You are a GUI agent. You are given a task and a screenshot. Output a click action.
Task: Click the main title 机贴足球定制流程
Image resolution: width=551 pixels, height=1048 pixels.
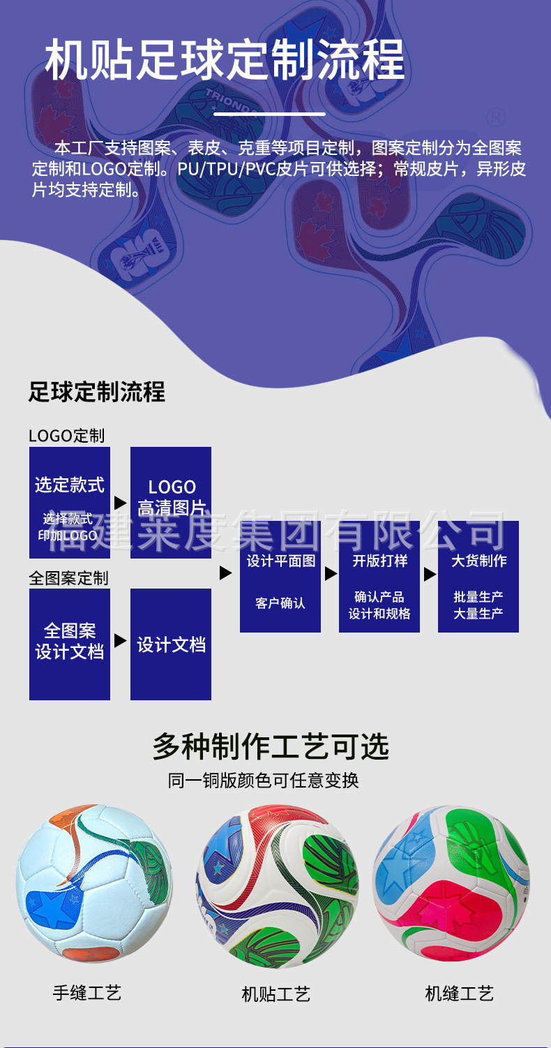225,60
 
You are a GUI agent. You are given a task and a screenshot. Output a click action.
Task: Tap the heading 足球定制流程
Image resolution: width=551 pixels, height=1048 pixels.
97,392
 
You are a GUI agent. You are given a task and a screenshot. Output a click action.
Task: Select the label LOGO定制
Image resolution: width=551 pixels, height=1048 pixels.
66,436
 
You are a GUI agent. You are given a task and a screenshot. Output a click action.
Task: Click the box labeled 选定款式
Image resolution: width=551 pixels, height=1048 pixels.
70,502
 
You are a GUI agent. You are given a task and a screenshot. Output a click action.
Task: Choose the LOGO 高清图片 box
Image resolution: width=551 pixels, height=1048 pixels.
171,502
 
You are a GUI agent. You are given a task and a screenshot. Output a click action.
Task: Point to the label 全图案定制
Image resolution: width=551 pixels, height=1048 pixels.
68,578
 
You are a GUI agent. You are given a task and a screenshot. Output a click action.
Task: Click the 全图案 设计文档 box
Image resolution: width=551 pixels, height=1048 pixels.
70,644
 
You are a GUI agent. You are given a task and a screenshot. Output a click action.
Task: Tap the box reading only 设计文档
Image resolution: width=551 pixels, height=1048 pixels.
171,644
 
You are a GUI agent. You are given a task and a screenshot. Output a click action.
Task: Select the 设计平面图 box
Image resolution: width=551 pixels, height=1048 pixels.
280,577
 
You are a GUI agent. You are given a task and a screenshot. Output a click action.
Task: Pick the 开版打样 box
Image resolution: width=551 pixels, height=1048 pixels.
379,577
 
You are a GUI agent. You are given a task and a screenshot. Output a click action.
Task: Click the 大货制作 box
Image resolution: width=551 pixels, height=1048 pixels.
478,577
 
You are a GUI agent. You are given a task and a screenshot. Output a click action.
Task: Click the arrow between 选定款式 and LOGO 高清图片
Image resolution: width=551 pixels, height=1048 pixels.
120,503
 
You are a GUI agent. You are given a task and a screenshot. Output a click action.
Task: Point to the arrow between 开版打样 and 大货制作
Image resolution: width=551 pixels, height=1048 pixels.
430,574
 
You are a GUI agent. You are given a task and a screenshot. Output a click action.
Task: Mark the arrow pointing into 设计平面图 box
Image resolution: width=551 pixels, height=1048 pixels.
225,573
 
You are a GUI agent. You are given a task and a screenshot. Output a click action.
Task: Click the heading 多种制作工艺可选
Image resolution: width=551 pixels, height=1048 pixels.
271,747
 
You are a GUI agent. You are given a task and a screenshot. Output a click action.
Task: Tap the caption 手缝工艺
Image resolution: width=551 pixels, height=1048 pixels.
87,992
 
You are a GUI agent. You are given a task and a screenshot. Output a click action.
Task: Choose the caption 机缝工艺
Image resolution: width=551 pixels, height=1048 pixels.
460,993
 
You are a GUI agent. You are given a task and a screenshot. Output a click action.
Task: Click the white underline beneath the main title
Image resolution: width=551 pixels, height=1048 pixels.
269,113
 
